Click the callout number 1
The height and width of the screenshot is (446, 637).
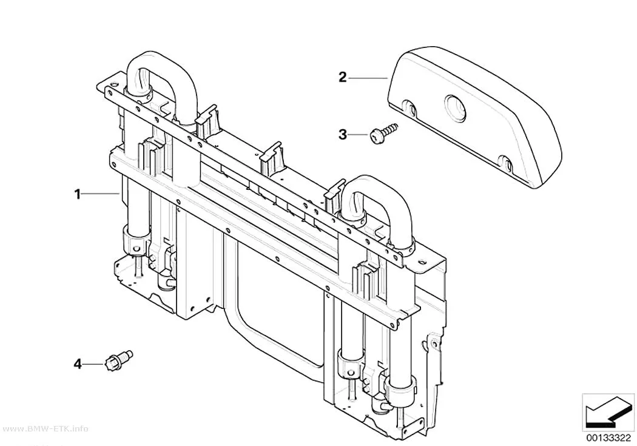coord(78,194)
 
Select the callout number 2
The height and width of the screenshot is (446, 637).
coord(343,77)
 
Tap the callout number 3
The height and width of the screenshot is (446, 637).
coord(343,134)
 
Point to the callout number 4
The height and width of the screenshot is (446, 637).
coord(77,363)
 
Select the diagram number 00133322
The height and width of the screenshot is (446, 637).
coord(608,438)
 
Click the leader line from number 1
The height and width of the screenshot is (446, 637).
coord(100,194)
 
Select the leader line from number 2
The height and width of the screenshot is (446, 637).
coord(367,78)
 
